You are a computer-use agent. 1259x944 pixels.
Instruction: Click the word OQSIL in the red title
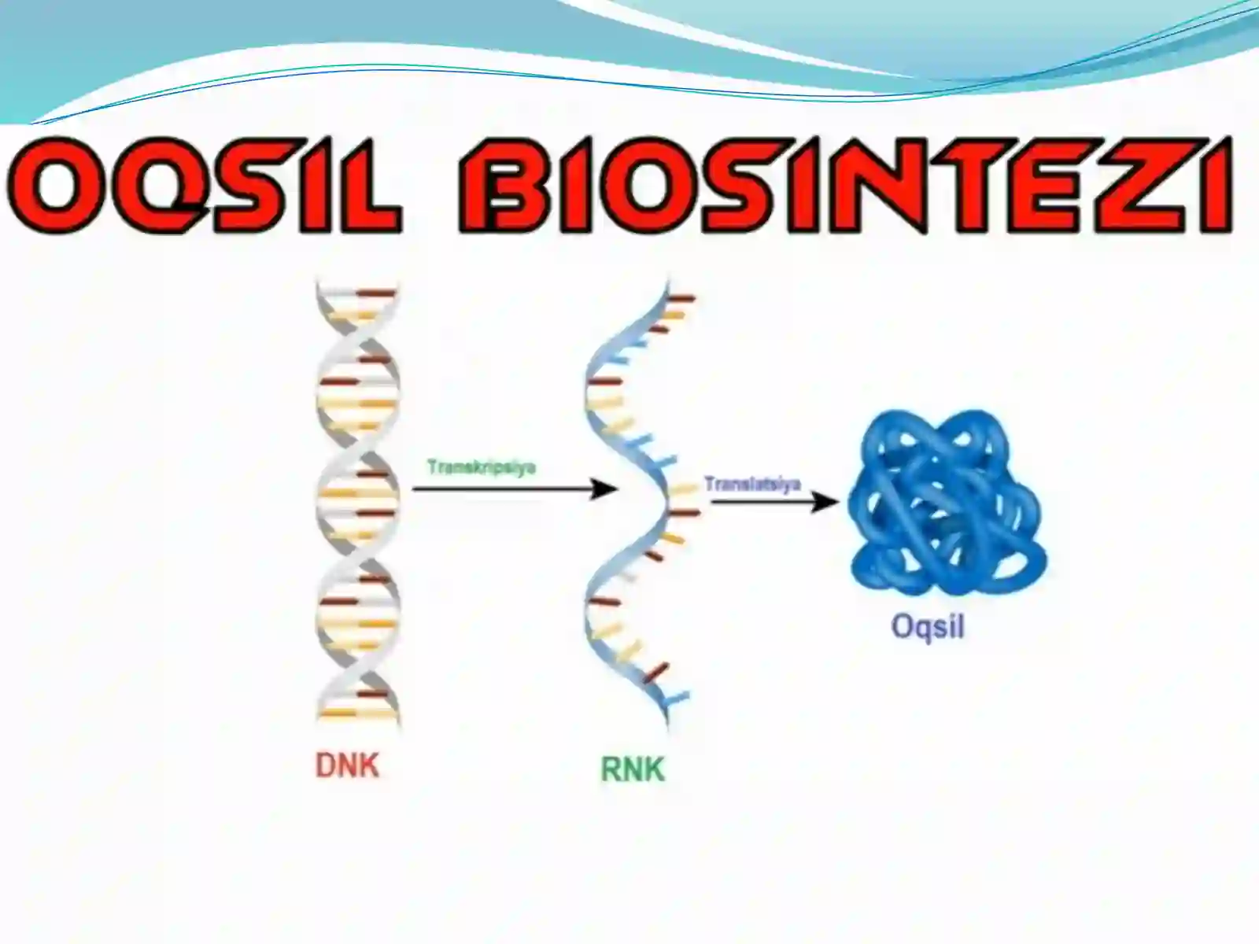(x=204, y=184)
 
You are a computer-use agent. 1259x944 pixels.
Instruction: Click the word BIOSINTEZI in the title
(x=845, y=184)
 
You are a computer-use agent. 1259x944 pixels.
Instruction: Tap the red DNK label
(x=348, y=765)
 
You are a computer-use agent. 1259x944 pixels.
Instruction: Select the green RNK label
(x=633, y=769)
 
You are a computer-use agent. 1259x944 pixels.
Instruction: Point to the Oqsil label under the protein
(x=928, y=626)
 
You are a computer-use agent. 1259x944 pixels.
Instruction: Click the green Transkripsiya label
(x=482, y=467)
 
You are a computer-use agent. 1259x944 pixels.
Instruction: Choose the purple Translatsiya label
(x=752, y=484)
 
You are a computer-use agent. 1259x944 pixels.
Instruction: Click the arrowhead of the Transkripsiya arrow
(x=604, y=489)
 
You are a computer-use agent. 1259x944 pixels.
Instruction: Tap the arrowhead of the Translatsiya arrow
(x=825, y=502)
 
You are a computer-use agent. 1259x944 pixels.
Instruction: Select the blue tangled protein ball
(x=947, y=502)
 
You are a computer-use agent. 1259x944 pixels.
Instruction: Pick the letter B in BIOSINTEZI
(x=508, y=184)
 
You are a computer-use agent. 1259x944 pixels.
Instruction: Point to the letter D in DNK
(x=327, y=765)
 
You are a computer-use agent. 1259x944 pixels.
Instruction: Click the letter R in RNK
(x=611, y=769)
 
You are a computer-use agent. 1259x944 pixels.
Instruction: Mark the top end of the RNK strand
(x=668, y=280)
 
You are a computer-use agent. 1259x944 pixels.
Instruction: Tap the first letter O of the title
(x=56, y=184)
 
